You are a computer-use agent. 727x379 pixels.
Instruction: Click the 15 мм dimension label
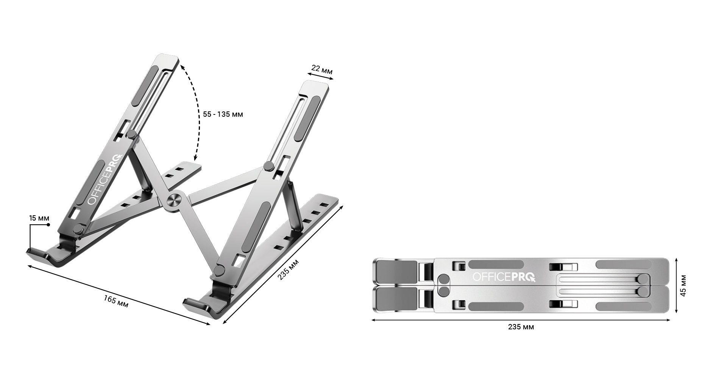pyautogui.click(x=39, y=218)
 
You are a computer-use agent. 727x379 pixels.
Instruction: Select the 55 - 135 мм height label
pyautogui.click(x=223, y=114)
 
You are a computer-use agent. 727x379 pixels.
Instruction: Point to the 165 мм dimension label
pyautogui.click(x=116, y=301)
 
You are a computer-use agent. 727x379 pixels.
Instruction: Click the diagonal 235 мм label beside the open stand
pyautogui.click(x=288, y=269)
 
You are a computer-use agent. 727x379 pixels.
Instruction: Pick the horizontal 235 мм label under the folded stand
pyautogui.click(x=521, y=327)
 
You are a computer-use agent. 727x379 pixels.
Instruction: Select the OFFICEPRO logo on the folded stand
pyautogui.click(x=504, y=277)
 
